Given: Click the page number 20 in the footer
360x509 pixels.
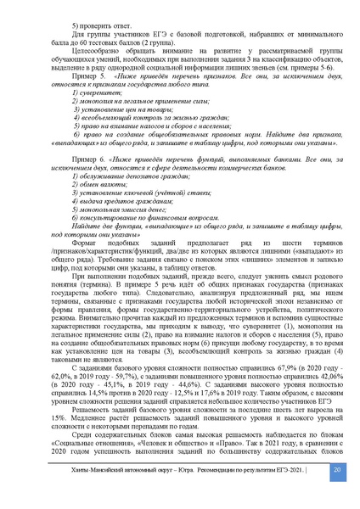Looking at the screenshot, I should [337, 493].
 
